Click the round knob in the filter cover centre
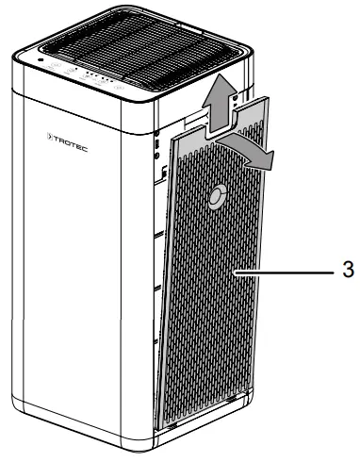pos(216,196)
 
